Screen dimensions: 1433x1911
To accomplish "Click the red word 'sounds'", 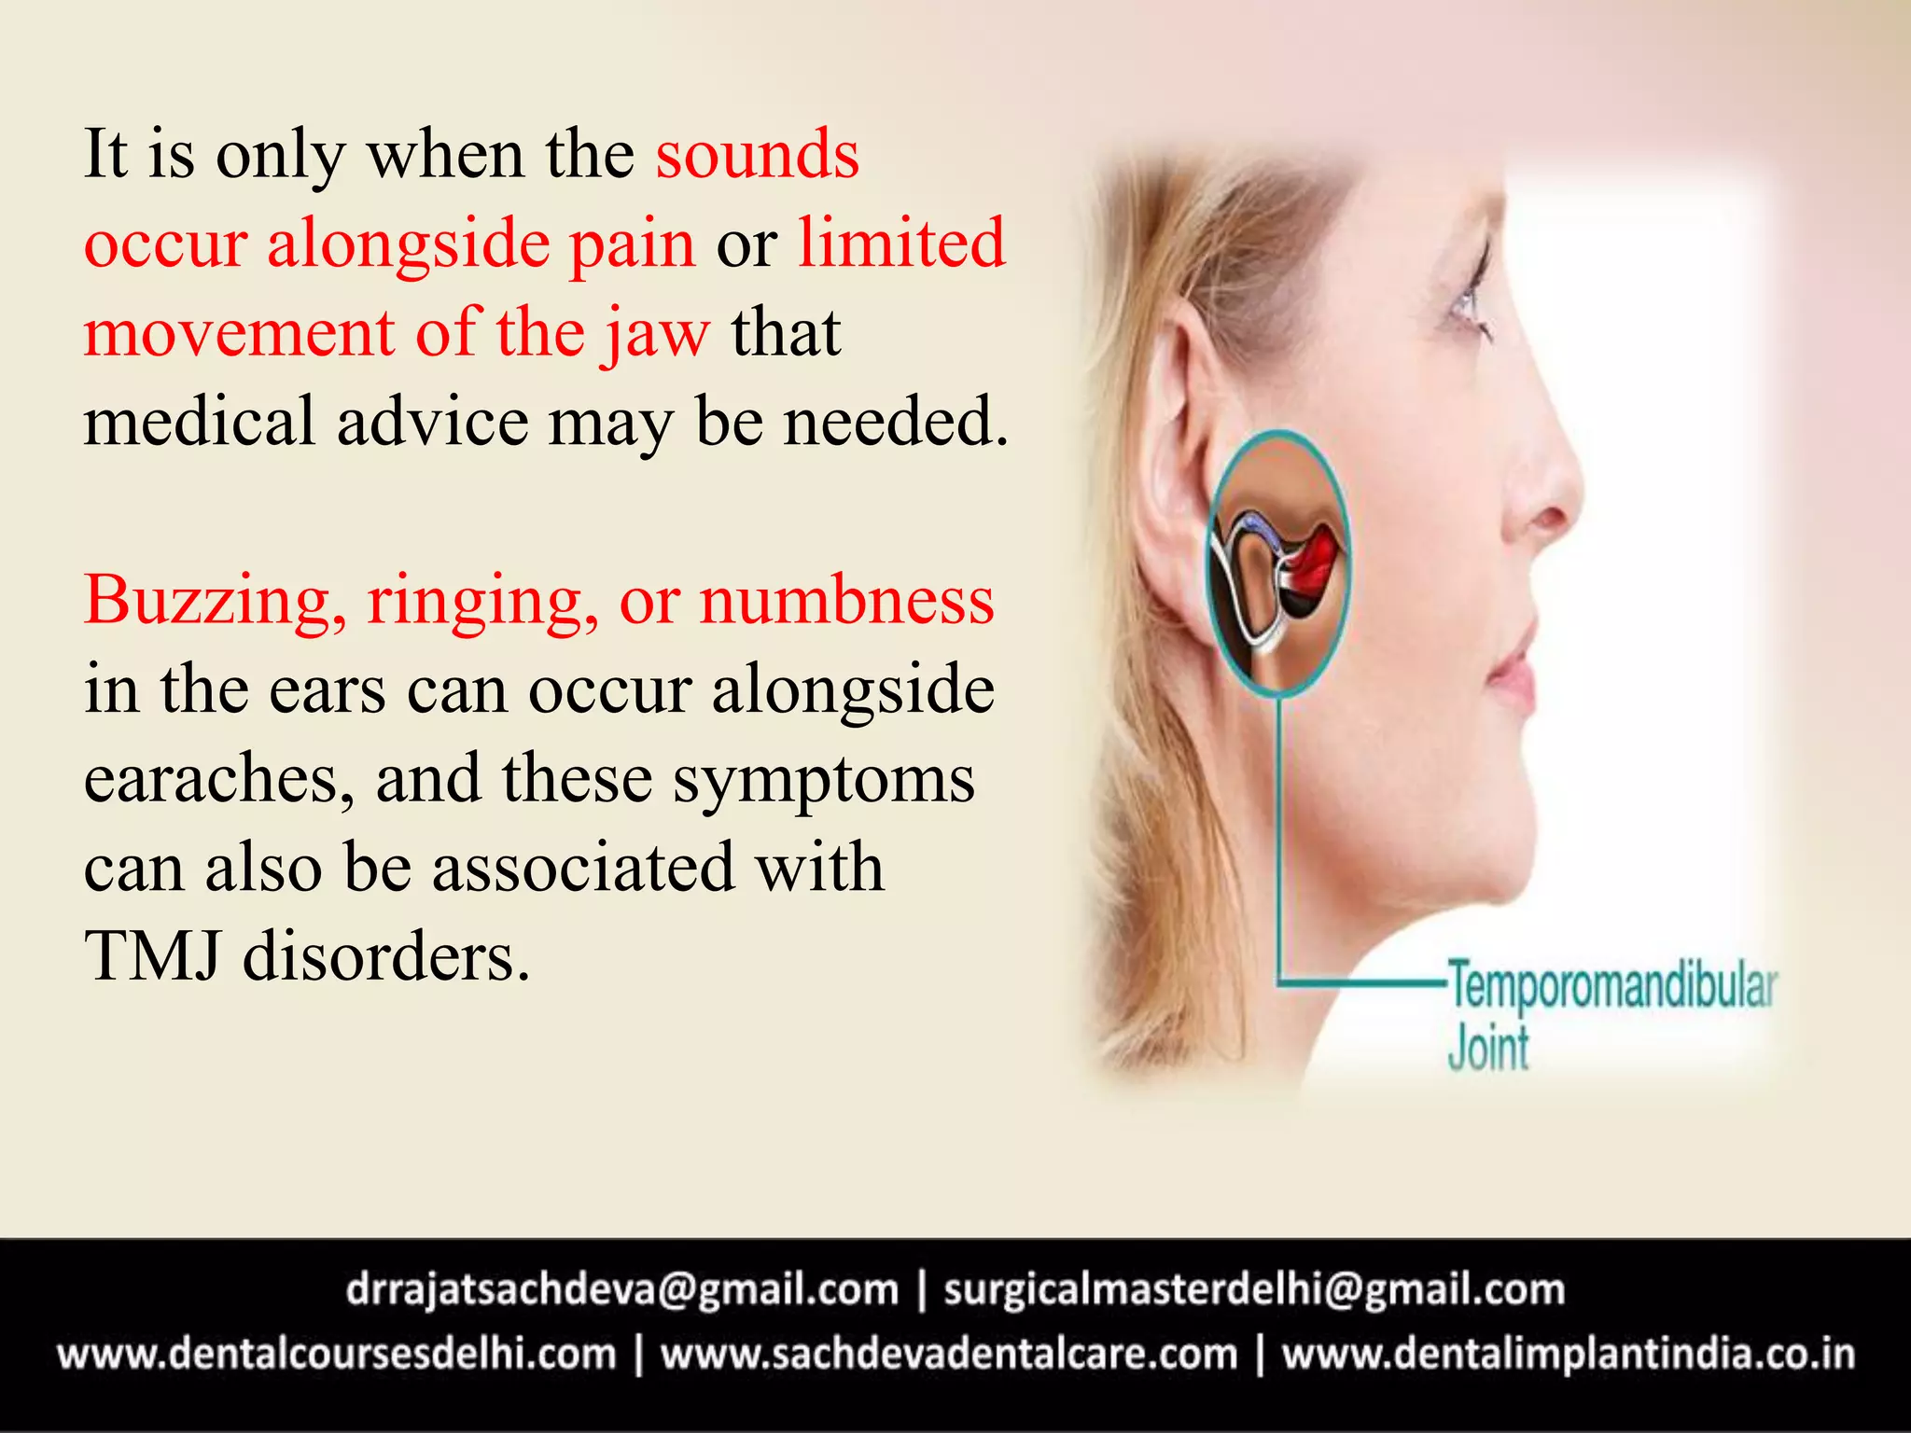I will pyautogui.click(x=757, y=155).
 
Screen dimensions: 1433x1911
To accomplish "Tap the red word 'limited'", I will pyautogui.click(x=901, y=243).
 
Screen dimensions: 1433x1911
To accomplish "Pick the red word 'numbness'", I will pyautogui.click(x=847, y=600).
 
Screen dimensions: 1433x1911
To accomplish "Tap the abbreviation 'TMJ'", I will pyautogui.click(x=153, y=957).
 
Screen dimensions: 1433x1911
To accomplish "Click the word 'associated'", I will pyautogui.click(x=583, y=868).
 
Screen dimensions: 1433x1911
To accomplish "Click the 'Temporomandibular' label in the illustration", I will pyautogui.click(x=1611, y=987).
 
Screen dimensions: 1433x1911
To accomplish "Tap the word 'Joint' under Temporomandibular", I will pyautogui.click(x=1488, y=1049).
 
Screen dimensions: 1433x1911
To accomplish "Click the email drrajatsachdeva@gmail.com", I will pyautogui.click(x=621, y=1290).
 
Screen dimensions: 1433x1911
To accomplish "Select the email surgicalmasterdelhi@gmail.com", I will pyautogui.click(x=1254, y=1290).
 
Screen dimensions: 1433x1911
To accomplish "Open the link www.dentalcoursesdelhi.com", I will pyautogui.click(x=337, y=1354).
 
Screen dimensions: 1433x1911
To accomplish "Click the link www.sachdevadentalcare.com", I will pyautogui.click(x=949, y=1354).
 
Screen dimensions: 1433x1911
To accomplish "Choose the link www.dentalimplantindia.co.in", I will pyautogui.click(x=1568, y=1354).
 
